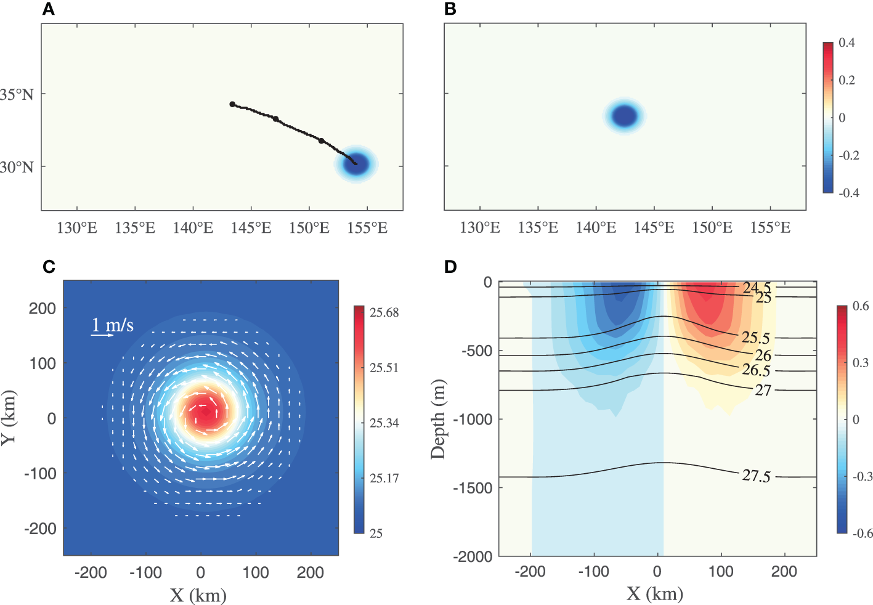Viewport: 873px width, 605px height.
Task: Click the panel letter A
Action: [48, 9]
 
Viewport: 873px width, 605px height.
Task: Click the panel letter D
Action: [450, 267]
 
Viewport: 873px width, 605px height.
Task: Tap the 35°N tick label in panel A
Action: [17, 94]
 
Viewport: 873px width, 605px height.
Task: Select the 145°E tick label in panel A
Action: [251, 228]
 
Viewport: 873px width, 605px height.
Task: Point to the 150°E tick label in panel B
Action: [712, 228]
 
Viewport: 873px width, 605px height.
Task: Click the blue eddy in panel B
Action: [625, 116]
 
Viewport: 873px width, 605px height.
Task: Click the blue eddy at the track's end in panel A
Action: [356, 164]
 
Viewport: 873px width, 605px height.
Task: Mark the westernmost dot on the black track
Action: [232, 104]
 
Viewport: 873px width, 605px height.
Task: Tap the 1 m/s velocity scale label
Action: [113, 325]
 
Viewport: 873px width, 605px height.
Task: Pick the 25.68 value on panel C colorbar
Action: [384, 312]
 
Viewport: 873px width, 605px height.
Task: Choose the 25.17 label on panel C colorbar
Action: [384, 478]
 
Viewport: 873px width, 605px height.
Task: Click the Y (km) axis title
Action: [9, 418]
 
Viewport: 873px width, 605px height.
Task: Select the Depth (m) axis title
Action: [437, 419]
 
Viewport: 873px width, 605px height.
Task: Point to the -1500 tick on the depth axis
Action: [473, 487]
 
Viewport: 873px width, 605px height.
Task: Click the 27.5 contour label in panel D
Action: [756, 476]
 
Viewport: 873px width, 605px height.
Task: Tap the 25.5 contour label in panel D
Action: [755, 337]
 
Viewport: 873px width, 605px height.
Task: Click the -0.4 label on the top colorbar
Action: [848, 193]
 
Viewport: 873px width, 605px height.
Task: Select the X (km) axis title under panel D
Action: [655, 593]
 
